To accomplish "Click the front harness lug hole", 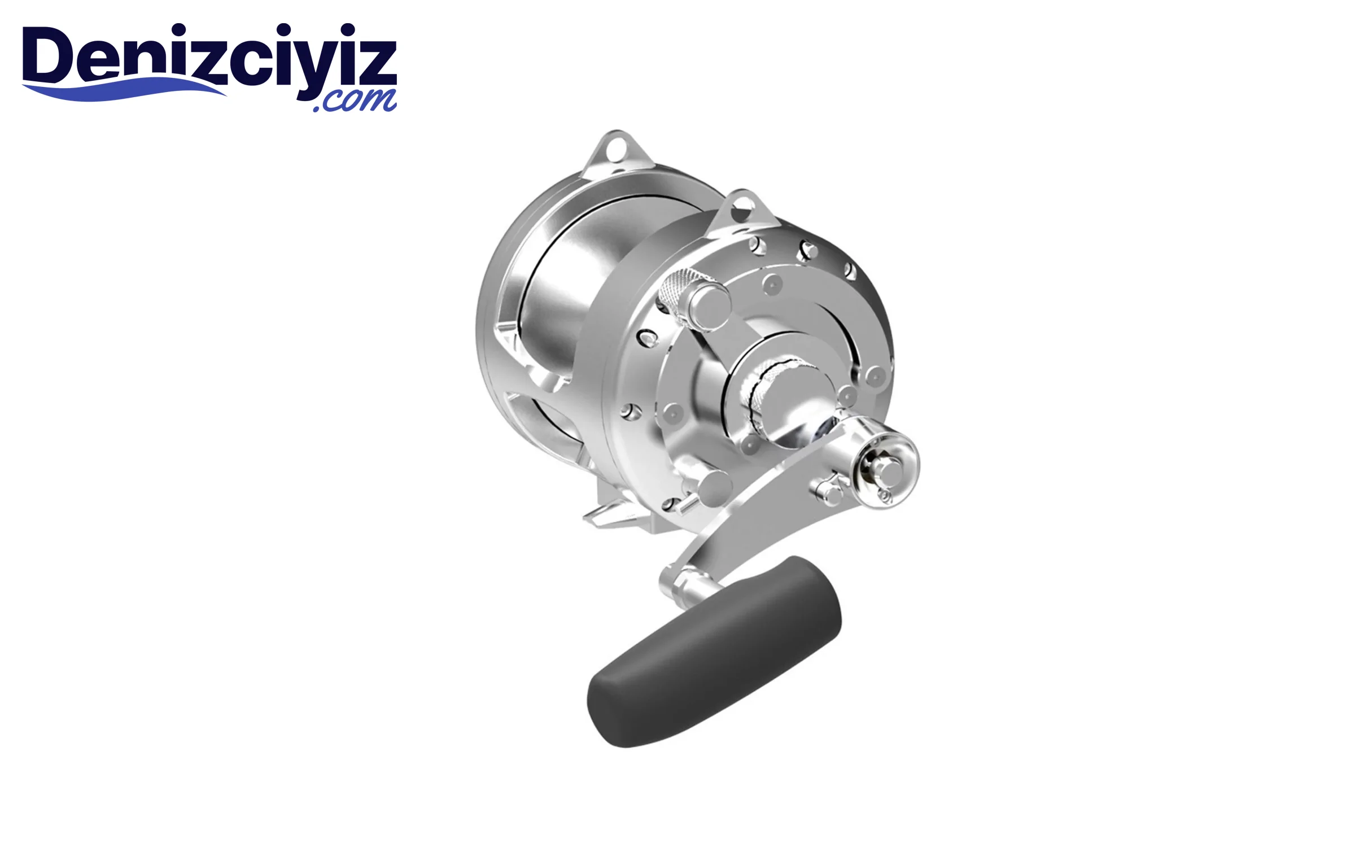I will pyautogui.click(x=741, y=209).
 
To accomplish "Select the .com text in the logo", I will pyautogui.click(x=355, y=101).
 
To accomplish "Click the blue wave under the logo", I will pyautogui.click(x=124, y=91).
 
